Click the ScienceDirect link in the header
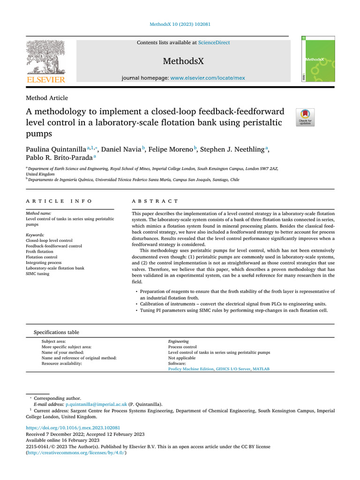click(x=214, y=43)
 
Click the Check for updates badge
click(x=305, y=117)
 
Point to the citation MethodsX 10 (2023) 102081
click(x=180, y=24)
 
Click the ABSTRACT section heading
click(x=155, y=201)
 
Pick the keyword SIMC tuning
click(x=37, y=274)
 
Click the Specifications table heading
click(x=56, y=332)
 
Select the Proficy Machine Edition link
click(x=190, y=369)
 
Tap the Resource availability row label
click(x=61, y=363)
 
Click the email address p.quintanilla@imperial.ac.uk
click(x=96, y=404)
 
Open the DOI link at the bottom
click(x=73, y=428)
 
